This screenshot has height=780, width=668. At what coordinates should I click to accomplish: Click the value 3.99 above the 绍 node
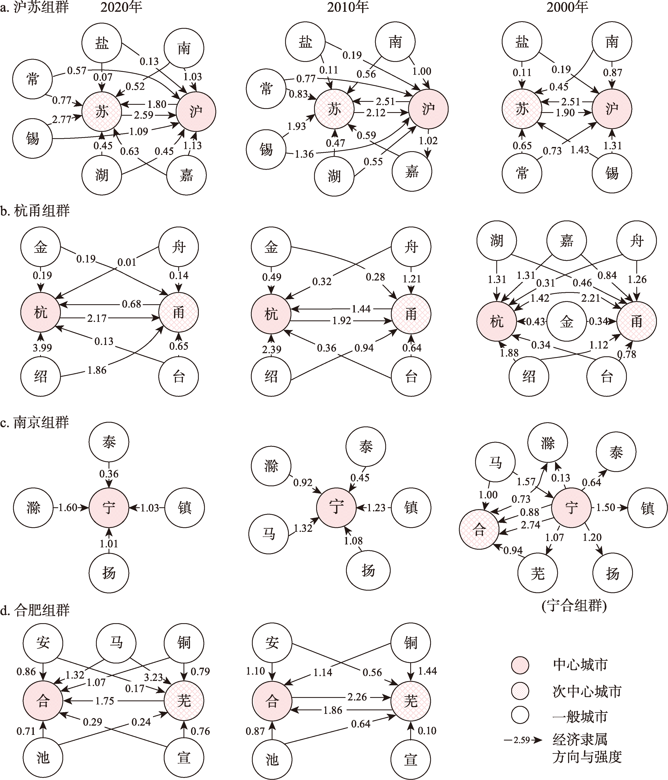(x=42, y=347)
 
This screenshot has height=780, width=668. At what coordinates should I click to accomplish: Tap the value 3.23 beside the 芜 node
(x=153, y=677)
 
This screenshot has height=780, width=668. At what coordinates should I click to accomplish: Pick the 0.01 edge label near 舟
(x=127, y=262)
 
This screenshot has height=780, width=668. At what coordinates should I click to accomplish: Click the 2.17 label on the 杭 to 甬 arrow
(x=97, y=318)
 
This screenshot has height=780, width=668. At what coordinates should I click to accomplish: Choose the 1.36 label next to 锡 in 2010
(x=304, y=154)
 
